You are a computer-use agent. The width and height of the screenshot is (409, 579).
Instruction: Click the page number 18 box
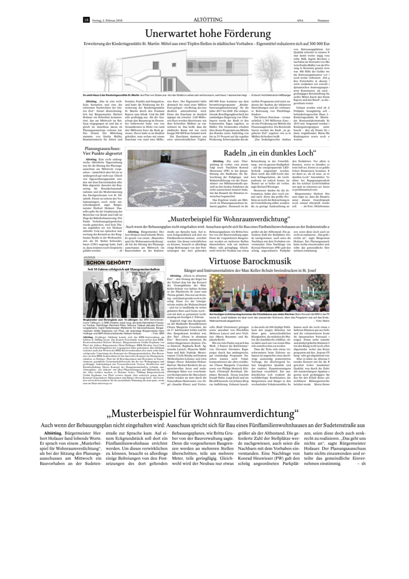86,20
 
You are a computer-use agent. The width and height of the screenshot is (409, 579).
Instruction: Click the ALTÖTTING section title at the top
208,20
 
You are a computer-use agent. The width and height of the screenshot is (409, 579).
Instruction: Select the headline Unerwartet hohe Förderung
208,33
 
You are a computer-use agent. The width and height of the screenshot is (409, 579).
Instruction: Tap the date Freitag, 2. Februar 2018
107,20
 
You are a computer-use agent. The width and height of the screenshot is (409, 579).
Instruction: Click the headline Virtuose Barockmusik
250,261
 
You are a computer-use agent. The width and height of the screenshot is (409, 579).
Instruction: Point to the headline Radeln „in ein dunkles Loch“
270,153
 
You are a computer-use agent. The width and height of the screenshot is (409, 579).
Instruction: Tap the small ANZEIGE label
89,257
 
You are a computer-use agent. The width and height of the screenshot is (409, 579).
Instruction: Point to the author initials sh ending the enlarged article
363,463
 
